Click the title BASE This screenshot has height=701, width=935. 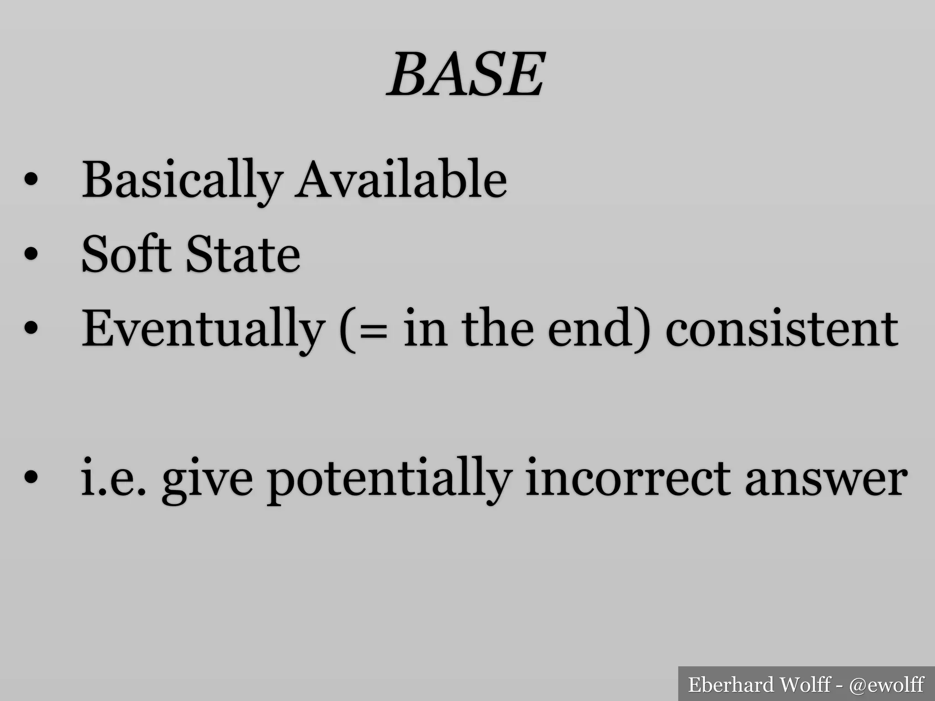click(x=466, y=74)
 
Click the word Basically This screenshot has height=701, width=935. click(x=182, y=181)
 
